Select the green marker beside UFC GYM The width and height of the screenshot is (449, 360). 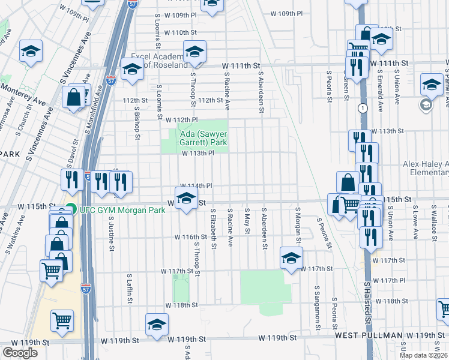click(x=71, y=209)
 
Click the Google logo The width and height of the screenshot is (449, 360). click(x=20, y=352)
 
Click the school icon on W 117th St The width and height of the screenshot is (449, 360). click(x=291, y=258)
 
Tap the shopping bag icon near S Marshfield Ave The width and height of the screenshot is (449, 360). click(x=73, y=98)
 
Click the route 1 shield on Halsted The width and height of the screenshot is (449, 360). click(x=363, y=108)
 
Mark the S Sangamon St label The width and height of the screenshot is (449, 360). click(x=316, y=307)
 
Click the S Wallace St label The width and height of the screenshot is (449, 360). click(x=433, y=220)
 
